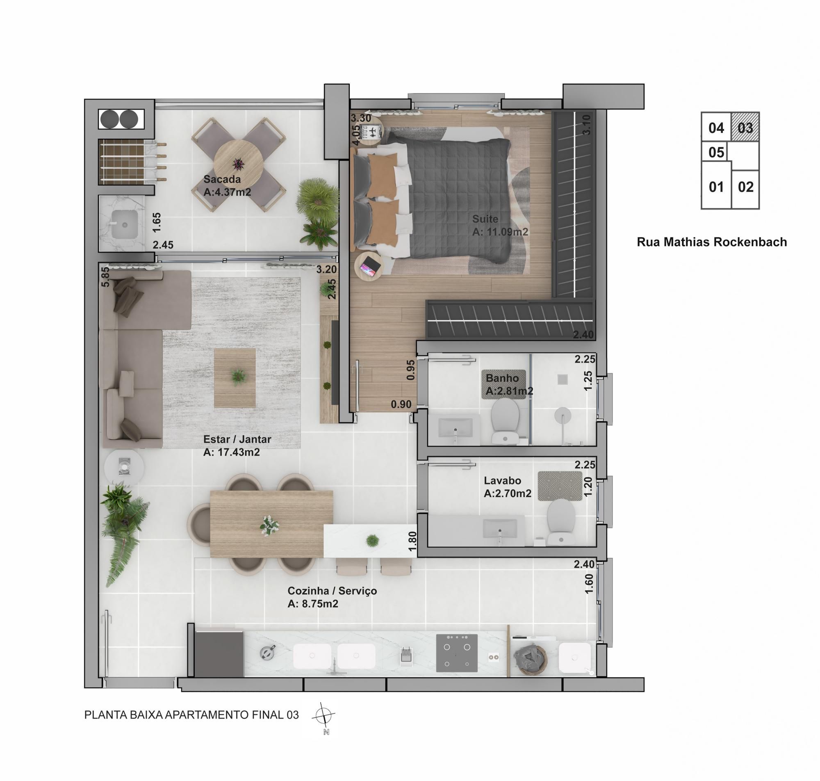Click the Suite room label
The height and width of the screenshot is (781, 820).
485,219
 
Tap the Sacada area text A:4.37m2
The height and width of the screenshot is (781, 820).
227,192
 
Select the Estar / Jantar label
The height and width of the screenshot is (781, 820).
237,439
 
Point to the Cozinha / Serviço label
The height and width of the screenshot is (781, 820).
332,591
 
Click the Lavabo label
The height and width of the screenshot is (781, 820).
502,480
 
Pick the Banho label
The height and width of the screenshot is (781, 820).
502,378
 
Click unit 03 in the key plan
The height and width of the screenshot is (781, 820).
745,127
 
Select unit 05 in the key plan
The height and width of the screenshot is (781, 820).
716,152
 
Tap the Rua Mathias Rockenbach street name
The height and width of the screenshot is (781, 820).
712,242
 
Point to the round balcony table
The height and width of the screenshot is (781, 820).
238,164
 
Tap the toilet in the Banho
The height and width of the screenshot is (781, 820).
505,420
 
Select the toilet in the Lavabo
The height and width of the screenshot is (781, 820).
561,522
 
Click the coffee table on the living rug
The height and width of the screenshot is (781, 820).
235,378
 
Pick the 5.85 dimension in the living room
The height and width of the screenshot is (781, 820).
105,276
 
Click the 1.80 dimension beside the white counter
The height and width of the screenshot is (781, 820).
412,541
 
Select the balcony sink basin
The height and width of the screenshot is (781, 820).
124,224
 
